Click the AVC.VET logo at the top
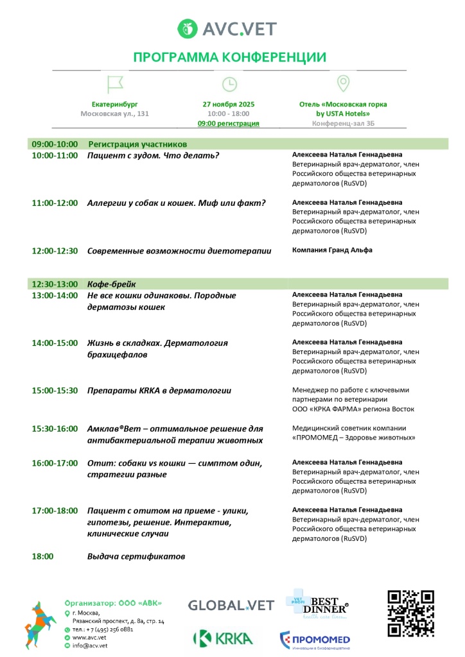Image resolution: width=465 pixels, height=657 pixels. [229, 29]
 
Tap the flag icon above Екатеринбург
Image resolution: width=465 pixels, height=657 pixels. [115, 83]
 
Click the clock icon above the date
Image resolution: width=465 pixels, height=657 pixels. [229, 84]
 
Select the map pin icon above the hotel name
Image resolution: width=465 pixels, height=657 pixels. [343, 83]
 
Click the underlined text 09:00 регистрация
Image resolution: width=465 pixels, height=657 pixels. [229, 123]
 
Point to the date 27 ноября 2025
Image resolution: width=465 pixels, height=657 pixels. [229, 104]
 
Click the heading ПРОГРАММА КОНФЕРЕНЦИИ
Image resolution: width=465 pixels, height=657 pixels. [229, 57]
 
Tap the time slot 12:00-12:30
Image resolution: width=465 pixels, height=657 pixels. [55, 251]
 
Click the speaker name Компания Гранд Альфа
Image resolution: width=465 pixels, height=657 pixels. [332, 250]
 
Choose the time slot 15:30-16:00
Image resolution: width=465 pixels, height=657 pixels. [55, 429]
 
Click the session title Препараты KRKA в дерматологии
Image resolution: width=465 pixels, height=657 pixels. [159, 391]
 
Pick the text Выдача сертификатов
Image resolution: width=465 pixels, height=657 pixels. [136, 557]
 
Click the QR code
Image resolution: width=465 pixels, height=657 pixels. [410, 613]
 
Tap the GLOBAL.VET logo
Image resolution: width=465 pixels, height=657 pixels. [231, 605]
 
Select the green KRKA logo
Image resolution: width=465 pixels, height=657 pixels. [223, 638]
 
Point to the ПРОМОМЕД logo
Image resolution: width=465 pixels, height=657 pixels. [315, 640]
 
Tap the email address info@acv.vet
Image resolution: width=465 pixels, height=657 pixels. [89, 646]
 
